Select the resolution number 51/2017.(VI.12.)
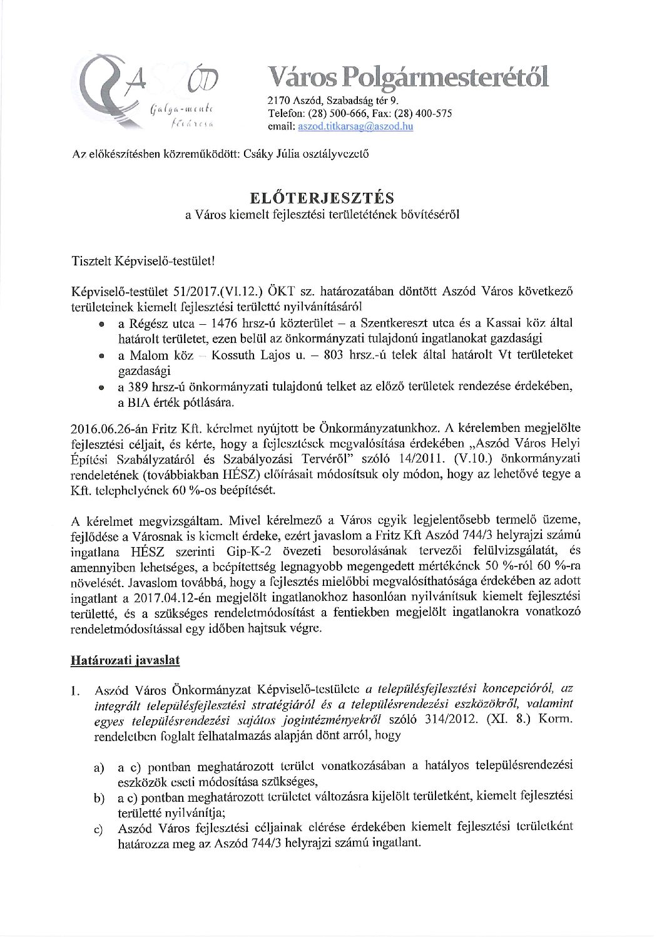coord(200,292)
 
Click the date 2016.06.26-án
coord(105,428)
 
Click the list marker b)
coord(98,798)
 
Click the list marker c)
coord(98,830)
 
